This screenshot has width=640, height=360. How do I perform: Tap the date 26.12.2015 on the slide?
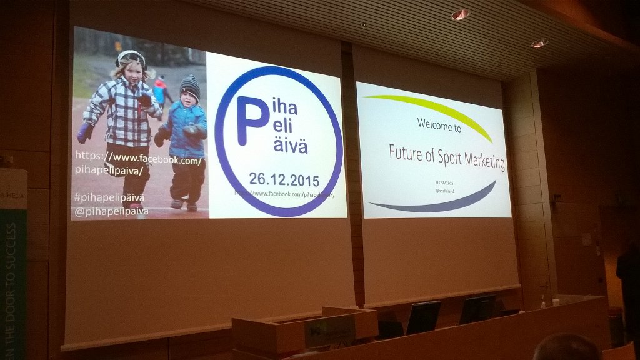point(284,180)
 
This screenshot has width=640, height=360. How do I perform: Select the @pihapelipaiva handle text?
point(111,211)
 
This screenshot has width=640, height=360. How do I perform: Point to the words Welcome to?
point(439,129)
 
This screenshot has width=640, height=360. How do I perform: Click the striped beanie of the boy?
point(190,86)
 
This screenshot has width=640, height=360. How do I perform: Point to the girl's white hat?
point(130,57)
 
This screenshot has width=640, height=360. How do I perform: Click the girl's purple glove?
point(85,132)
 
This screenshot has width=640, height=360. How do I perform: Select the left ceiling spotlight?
point(460,14)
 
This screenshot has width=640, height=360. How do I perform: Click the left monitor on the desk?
point(423,317)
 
